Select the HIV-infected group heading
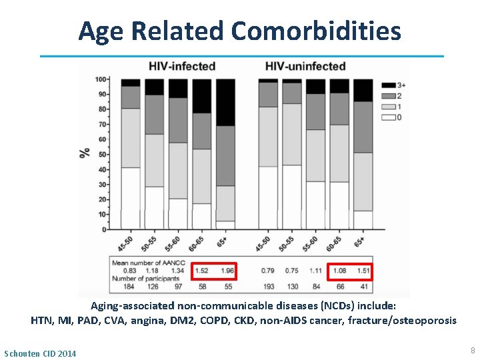[x=181, y=66]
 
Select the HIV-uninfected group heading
[x=305, y=66]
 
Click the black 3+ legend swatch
[x=387, y=85]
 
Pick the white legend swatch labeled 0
[x=387, y=117]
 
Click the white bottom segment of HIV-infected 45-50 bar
[x=131, y=198]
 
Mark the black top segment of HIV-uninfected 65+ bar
[x=363, y=90]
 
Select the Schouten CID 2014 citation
[x=40, y=353]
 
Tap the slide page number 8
[x=472, y=351]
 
